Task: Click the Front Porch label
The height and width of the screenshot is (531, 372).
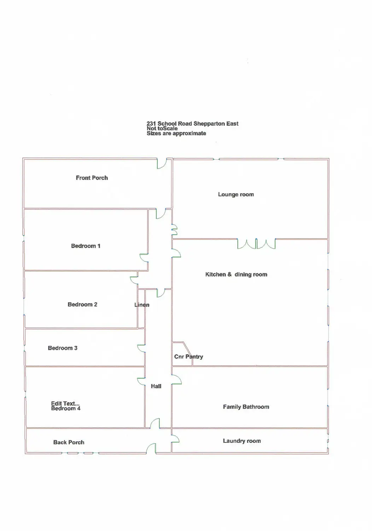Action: (x=92, y=178)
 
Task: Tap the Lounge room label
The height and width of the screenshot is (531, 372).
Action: (x=236, y=194)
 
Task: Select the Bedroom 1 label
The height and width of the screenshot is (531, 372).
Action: (x=86, y=246)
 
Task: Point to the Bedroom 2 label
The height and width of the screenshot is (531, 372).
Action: (x=82, y=304)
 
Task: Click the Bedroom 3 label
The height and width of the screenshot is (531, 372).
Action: (x=63, y=348)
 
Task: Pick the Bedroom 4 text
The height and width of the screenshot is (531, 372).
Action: (x=66, y=409)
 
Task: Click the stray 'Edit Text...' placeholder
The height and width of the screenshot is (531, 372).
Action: (x=65, y=403)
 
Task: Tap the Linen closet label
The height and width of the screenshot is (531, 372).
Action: (x=141, y=305)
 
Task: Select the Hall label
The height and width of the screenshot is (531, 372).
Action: (x=156, y=386)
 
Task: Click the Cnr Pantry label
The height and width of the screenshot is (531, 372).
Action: (x=188, y=356)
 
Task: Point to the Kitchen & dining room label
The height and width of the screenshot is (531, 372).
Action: (x=236, y=274)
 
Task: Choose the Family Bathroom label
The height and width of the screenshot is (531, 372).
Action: (x=246, y=407)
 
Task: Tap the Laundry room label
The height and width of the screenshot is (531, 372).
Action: (x=242, y=441)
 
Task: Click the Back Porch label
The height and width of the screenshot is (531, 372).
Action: (x=69, y=442)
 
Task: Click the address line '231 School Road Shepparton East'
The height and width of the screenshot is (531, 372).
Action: (x=192, y=123)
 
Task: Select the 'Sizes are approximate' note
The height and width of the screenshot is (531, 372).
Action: (x=176, y=133)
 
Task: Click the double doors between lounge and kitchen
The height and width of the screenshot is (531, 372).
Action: (x=256, y=244)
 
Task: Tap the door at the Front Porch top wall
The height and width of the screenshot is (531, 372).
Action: (x=162, y=163)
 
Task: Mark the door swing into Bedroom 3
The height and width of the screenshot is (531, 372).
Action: (x=141, y=348)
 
